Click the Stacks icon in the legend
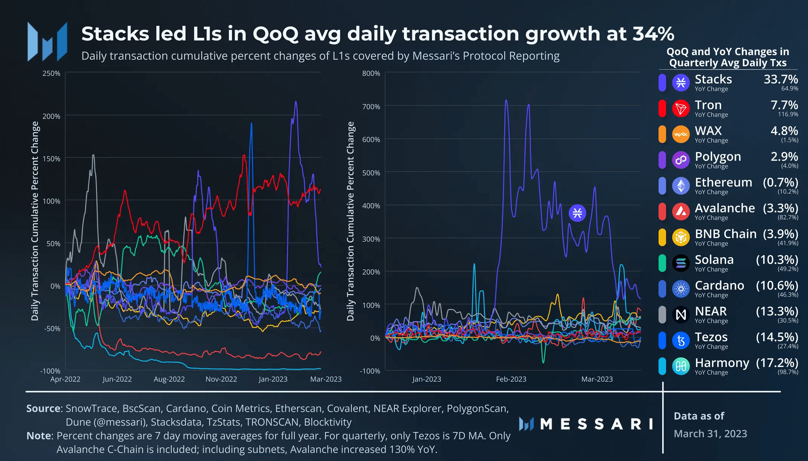tap(681, 82)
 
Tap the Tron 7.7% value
tap(784, 105)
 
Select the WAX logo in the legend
tap(681, 134)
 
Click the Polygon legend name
tap(717, 156)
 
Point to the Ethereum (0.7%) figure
tap(780, 182)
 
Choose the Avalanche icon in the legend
tap(681, 211)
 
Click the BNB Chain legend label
tap(725, 234)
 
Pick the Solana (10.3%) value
tap(777, 260)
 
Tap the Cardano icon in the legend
tap(681, 289)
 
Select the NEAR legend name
tap(710, 311)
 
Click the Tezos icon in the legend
tap(681, 341)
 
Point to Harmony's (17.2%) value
tap(777, 363)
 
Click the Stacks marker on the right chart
tap(577, 213)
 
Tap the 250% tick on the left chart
tap(51, 73)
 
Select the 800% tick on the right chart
tap(371, 73)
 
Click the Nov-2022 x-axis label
tap(221, 379)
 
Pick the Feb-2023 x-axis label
tap(511, 379)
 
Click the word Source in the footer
tap(43, 409)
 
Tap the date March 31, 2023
tap(710, 434)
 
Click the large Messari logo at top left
tap(48, 42)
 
